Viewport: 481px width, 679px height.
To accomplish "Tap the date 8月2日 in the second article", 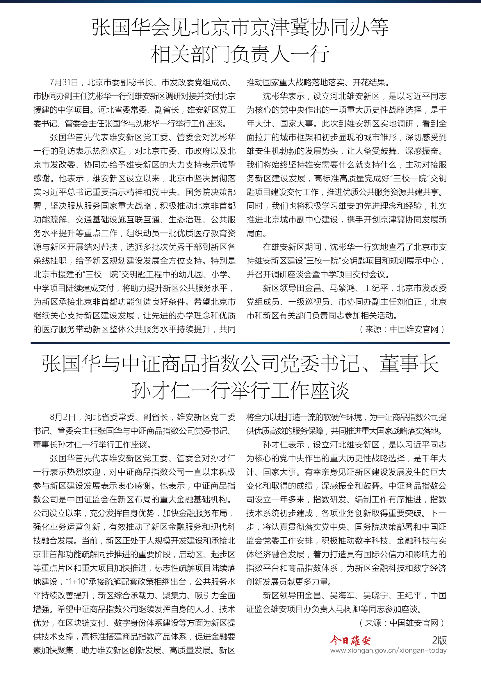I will pos(63,417).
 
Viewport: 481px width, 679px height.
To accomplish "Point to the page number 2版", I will pos(439,640).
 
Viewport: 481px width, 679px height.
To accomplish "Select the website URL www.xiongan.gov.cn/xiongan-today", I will pos(388,650).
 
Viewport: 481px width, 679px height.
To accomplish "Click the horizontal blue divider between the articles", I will pos(240,343).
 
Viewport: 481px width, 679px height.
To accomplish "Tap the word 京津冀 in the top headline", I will pos(279,27).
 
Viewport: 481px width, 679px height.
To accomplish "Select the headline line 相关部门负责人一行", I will pos(240,54).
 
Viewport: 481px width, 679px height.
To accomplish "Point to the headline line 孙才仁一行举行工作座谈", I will pos(240,391).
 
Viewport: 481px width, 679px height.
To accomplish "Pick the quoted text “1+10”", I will pos(73,582).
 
